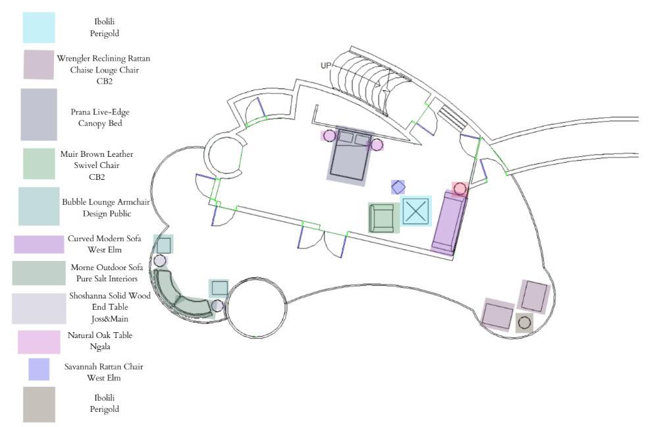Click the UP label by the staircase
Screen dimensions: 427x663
click(x=326, y=65)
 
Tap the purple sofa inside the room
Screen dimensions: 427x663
click(x=449, y=222)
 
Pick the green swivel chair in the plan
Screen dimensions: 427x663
click(x=383, y=217)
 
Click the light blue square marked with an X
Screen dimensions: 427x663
click(x=415, y=211)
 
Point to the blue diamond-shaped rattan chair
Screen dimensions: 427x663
click(x=398, y=187)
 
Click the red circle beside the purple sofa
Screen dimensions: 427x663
click(x=460, y=189)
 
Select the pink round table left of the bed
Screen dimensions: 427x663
click(x=329, y=136)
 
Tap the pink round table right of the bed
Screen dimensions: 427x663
click(x=377, y=144)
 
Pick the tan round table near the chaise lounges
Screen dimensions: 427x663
click(x=524, y=323)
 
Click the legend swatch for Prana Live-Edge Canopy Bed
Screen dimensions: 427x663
click(x=39, y=115)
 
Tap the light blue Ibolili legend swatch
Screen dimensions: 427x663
click(x=39, y=28)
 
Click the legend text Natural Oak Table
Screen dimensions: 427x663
click(x=100, y=335)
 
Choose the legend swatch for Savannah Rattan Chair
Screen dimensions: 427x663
click(x=39, y=369)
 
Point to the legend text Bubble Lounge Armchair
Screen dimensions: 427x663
click(x=106, y=202)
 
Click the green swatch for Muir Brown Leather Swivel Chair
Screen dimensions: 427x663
click(x=39, y=163)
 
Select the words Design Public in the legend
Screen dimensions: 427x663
click(x=106, y=213)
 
